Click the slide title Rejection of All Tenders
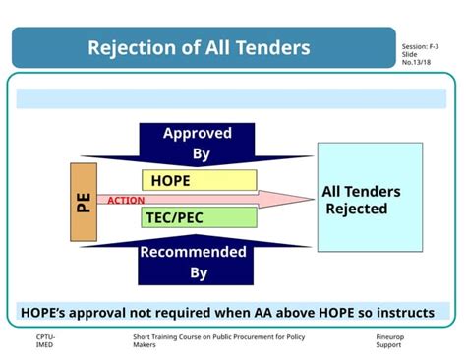[x=199, y=48]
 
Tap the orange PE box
[x=85, y=202]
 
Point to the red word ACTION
[x=126, y=201]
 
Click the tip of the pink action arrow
[x=312, y=201]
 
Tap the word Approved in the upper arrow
[x=198, y=133]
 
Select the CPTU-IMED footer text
[x=46, y=341]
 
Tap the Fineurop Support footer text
[x=390, y=341]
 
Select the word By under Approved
[x=200, y=154]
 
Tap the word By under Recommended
[x=200, y=272]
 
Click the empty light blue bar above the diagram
[x=231, y=98]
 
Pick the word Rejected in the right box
[x=357, y=210]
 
